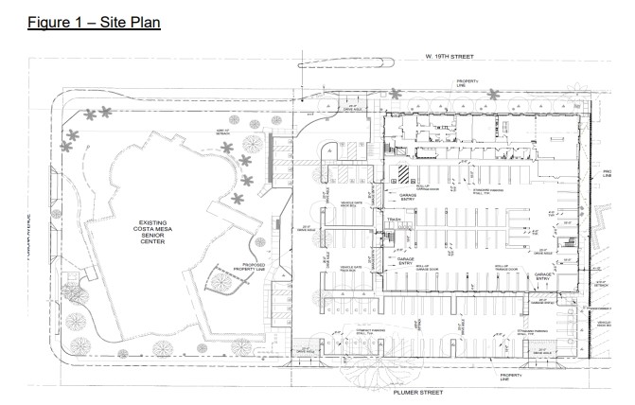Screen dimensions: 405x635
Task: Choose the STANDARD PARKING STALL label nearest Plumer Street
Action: pyautogui.click(x=367, y=332)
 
